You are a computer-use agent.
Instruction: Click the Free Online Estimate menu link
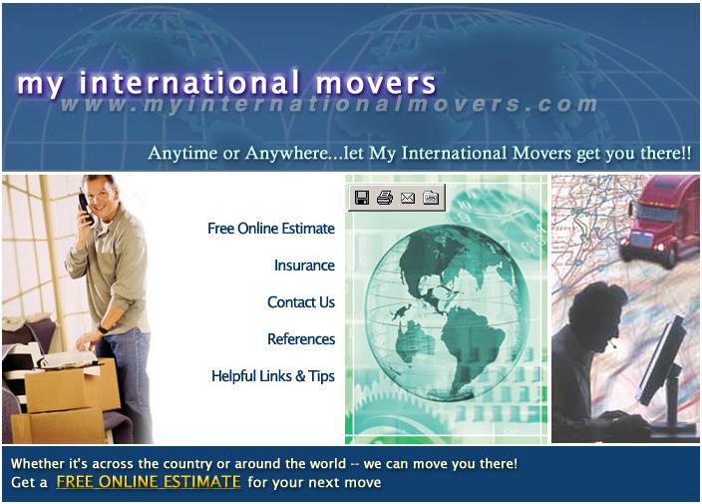pos(271,229)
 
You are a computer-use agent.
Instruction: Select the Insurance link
pos(304,265)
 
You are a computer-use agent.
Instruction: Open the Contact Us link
pos(301,302)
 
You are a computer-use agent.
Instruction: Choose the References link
pos(301,339)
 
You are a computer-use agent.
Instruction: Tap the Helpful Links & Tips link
pos(273,376)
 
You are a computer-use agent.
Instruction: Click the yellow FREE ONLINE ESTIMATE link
pos(149,482)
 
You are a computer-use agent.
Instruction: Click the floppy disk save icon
pos(362,198)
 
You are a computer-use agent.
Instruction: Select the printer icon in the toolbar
pos(385,198)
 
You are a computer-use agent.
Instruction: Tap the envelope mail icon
pos(408,198)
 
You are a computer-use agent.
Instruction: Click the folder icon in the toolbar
pos(431,198)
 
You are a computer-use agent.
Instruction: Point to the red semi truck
pos(658,221)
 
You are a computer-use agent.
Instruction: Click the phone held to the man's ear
pos(86,208)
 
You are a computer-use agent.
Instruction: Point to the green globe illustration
pos(447,312)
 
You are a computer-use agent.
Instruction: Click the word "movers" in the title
pos(375,83)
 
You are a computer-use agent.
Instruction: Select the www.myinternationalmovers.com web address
pos(329,105)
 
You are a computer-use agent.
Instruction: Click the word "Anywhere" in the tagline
pos(287,154)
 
